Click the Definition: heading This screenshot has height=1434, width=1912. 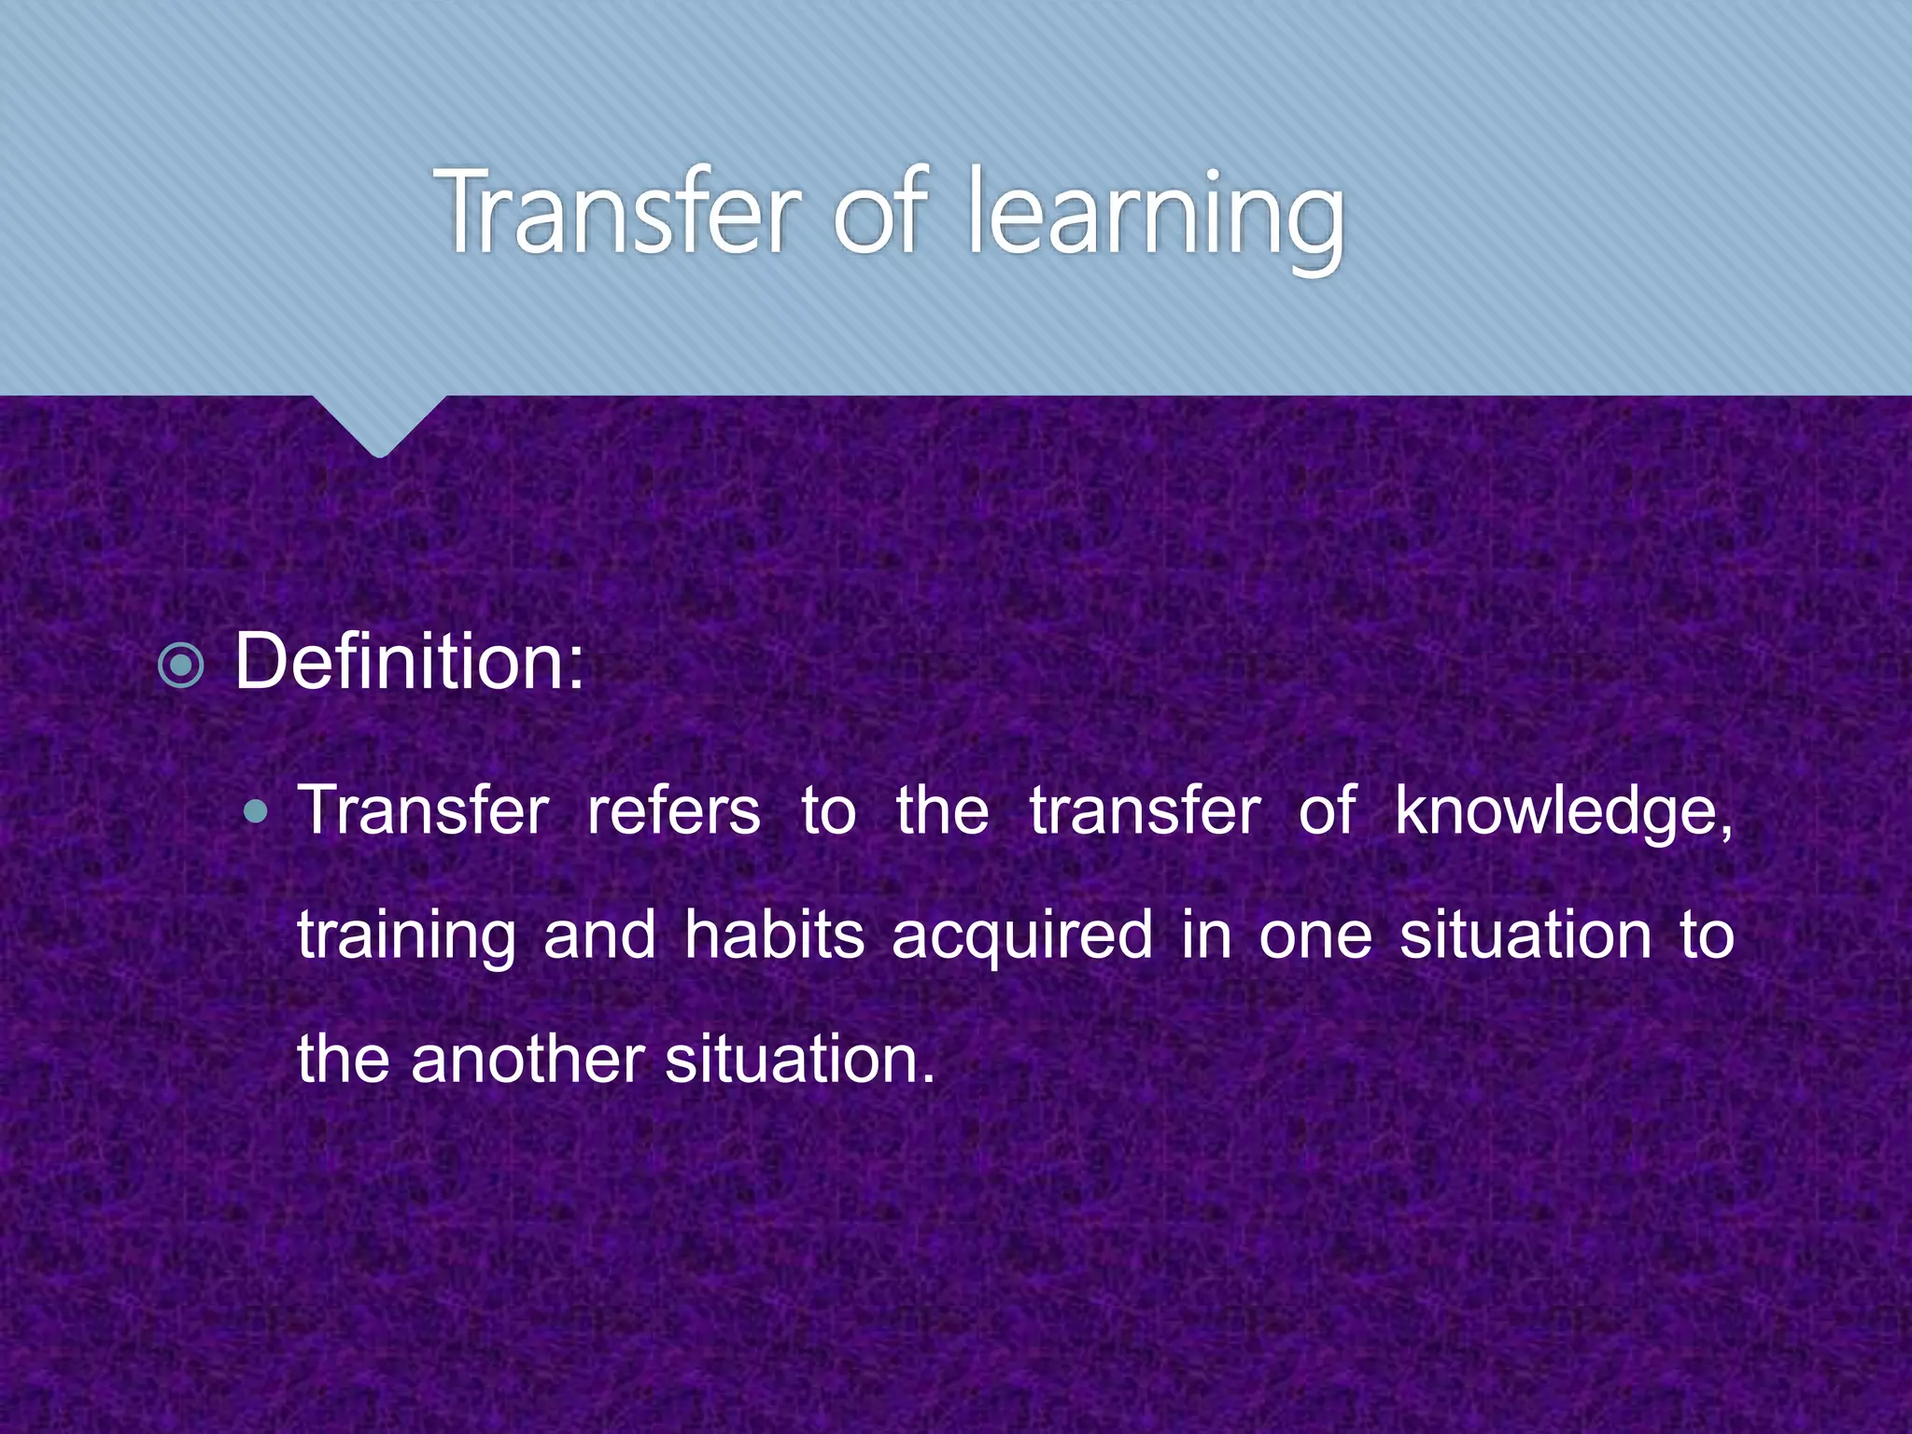(x=409, y=662)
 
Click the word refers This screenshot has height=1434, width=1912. (x=673, y=810)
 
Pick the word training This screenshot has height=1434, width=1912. (x=406, y=936)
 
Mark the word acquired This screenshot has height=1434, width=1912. (x=1022, y=936)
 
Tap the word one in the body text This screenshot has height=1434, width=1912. (x=1314, y=936)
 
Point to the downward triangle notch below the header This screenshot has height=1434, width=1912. (x=378, y=425)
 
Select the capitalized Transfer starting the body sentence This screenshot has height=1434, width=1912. (x=424, y=810)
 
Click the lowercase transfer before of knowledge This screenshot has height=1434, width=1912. (x=1145, y=810)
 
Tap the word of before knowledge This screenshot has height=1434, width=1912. (x=1326, y=810)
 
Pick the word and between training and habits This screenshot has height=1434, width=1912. (x=599, y=936)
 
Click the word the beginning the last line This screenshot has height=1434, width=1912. (x=343, y=1060)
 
